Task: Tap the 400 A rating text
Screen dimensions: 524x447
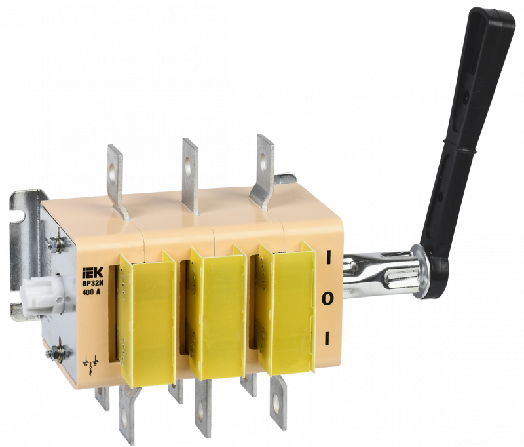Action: click(x=91, y=291)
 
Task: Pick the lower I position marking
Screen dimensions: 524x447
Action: click(x=327, y=338)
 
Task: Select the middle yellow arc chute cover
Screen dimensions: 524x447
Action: click(x=217, y=313)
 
